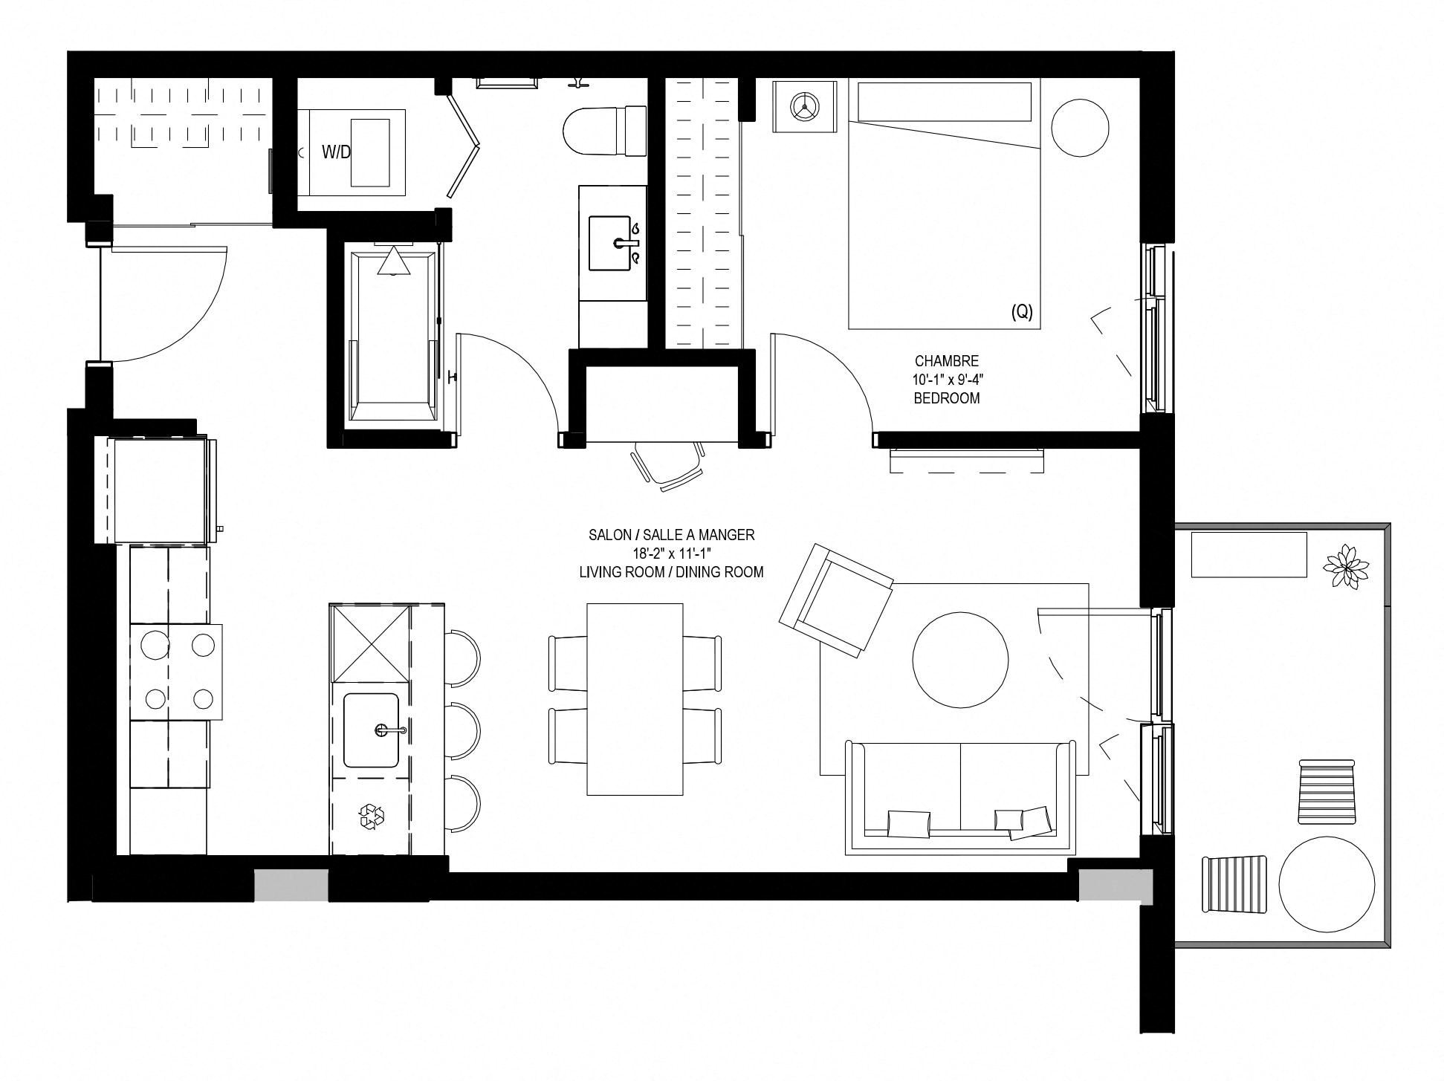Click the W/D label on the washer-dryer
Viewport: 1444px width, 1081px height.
click(x=336, y=152)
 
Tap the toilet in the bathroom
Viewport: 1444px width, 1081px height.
click(x=604, y=131)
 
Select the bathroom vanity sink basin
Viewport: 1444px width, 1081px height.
click(x=614, y=243)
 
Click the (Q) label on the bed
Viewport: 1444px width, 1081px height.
click(x=1022, y=312)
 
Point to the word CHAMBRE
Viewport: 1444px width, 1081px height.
click(x=946, y=361)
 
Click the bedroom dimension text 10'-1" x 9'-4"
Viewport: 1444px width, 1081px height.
click(x=947, y=380)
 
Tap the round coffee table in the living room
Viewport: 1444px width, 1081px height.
click(x=960, y=660)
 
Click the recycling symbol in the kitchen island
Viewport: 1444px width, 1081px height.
click(x=372, y=816)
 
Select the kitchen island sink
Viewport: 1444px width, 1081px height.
click(x=371, y=730)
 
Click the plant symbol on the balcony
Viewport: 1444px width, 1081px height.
click(x=1345, y=567)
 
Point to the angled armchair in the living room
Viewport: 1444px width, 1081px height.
click(x=836, y=600)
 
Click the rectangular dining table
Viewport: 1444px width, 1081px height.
click(x=635, y=699)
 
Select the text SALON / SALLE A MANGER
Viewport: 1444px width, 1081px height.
click(x=671, y=535)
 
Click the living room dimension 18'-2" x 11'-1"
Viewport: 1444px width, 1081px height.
click(x=672, y=554)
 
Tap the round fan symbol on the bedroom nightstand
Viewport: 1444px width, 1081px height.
click(x=804, y=107)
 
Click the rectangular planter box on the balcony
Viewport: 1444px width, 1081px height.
click(x=1249, y=554)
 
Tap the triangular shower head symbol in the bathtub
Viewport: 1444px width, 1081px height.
click(x=393, y=262)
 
